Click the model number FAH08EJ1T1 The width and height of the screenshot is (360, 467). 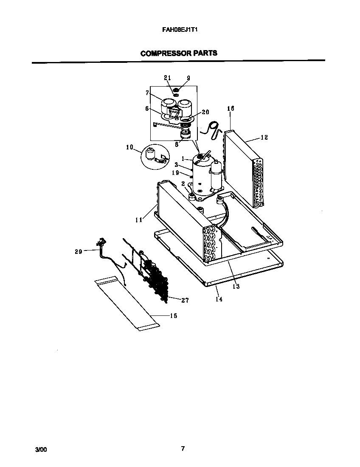click(x=180, y=30)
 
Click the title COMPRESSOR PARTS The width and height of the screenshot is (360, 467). click(x=179, y=53)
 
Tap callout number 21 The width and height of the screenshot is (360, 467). click(x=167, y=78)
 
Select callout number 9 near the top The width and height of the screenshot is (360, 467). click(x=188, y=78)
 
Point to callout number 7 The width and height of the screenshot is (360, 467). click(x=147, y=93)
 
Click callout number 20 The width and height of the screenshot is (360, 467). click(x=205, y=112)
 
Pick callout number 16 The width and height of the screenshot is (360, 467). click(x=231, y=109)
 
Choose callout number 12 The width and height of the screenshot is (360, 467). click(x=264, y=138)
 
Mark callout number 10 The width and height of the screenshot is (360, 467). click(x=129, y=147)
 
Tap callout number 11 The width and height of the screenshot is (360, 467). click(x=139, y=219)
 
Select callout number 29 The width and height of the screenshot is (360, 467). click(x=78, y=252)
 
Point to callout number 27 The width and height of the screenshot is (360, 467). click(x=185, y=301)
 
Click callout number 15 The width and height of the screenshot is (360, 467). click(x=173, y=316)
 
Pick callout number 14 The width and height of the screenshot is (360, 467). click(x=219, y=299)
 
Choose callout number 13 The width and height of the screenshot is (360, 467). click(x=236, y=287)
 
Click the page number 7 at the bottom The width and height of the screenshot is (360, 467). click(x=183, y=449)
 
